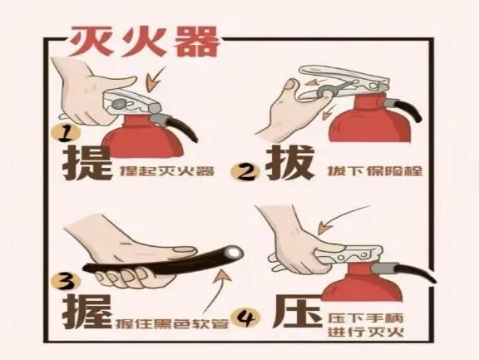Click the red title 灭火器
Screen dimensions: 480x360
tap(144, 42)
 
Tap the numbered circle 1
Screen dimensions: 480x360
tap(65, 134)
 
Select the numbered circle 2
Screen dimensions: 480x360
tap(245, 172)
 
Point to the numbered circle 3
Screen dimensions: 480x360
tap(66, 282)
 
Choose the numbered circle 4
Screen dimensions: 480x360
tap(246, 319)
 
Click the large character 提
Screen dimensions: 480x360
tap(87, 163)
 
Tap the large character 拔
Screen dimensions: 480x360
tap(289, 163)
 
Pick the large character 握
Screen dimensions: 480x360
tap(87, 312)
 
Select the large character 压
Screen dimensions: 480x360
tap(298, 312)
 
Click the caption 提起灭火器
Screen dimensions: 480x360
tap(167, 171)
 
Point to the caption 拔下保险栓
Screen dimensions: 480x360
tap(375, 170)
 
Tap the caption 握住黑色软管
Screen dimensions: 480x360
tap(172, 323)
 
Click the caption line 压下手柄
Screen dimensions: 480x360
tap(366, 318)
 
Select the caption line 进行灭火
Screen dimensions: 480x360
tap(366, 333)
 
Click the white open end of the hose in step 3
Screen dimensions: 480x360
tap(235, 252)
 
